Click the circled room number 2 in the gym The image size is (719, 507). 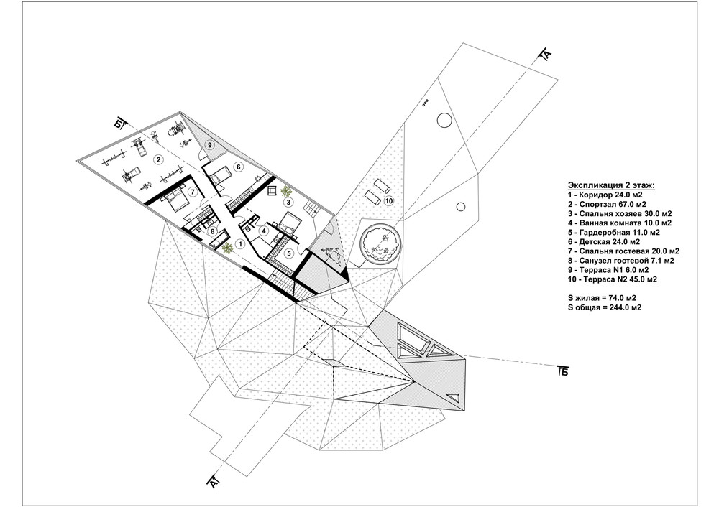[158, 160]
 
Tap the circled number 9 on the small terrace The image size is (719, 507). [209, 145]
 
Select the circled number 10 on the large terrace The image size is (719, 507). [389, 200]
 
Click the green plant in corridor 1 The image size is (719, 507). [227, 248]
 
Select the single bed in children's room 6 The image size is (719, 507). [219, 175]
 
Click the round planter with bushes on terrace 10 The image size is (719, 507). [381, 242]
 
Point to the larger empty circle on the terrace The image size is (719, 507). [444, 121]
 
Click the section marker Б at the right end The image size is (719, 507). [564, 371]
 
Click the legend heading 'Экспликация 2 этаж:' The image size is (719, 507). [612, 185]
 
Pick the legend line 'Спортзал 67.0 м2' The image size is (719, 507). [606, 204]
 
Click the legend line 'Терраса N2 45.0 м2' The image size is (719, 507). [612, 279]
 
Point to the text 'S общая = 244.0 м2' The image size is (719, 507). [605, 307]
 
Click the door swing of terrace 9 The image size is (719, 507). [201, 155]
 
